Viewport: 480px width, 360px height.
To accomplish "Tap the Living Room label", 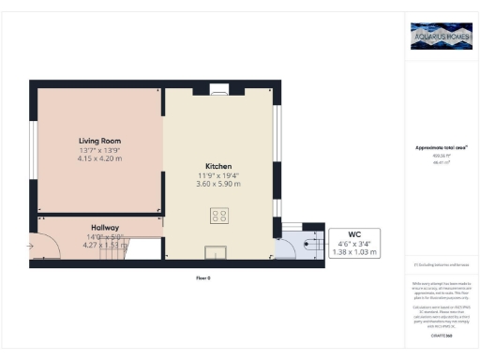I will pyautogui.click(x=98, y=141).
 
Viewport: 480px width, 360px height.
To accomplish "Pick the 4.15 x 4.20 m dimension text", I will pyautogui.click(x=98, y=157).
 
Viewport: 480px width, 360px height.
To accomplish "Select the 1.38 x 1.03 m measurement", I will pyautogui.click(x=354, y=253).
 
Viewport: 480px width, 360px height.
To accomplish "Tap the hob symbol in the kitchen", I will pyautogui.click(x=218, y=216).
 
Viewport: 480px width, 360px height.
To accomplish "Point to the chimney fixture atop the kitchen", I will pyautogui.click(x=218, y=90).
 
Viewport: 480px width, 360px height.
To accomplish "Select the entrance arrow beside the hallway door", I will pyautogui.click(x=31, y=247).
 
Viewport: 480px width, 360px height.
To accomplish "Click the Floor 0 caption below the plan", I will pyautogui.click(x=202, y=278).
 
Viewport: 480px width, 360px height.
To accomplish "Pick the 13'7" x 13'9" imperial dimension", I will pyautogui.click(x=98, y=149).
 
